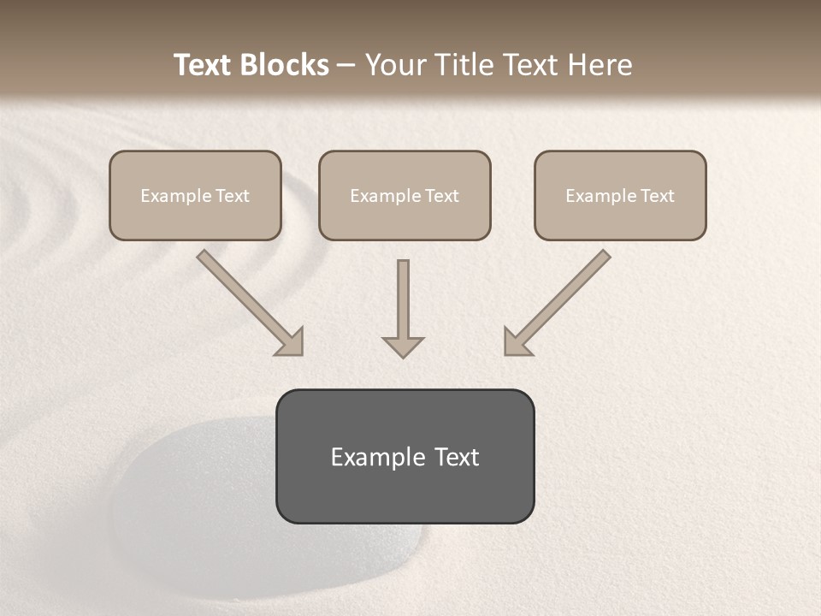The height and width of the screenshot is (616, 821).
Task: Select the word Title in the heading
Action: (x=467, y=65)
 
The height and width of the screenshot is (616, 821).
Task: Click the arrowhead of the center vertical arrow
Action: (x=403, y=346)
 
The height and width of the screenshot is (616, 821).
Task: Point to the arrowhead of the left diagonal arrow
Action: (x=291, y=342)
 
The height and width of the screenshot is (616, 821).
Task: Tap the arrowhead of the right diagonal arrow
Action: (x=516, y=342)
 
